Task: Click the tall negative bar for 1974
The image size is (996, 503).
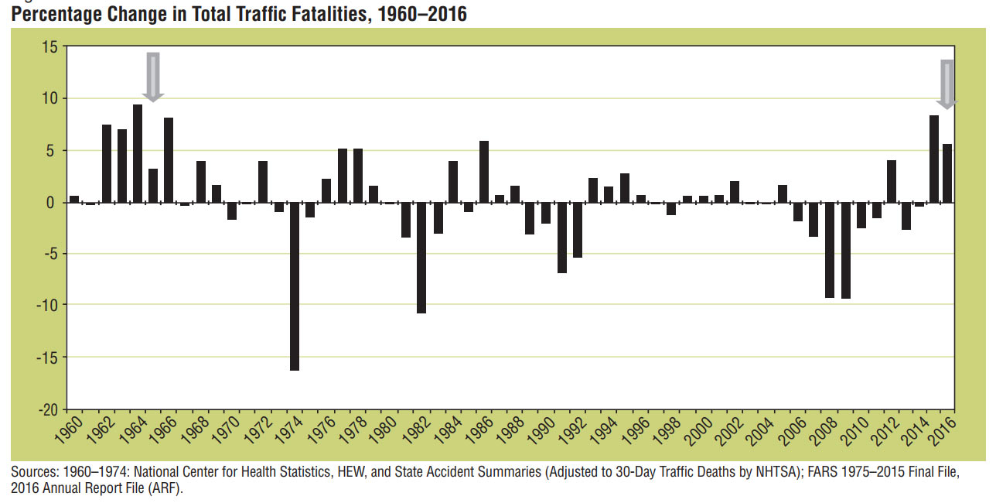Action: click(295, 286)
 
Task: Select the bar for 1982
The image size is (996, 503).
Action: click(421, 258)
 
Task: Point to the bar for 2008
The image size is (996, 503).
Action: click(830, 250)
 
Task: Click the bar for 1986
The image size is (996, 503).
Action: click(484, 172)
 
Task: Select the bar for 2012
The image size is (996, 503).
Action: click(892, 181)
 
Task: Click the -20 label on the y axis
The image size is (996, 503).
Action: click(47, 409)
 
